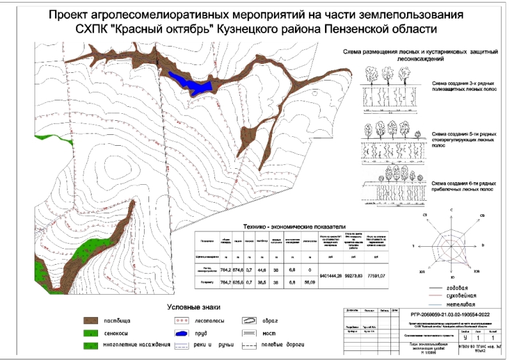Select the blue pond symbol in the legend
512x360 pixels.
tap(182, 333)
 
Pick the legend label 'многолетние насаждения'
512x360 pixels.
tap(136, 346)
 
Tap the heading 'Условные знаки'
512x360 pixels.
tap(195, 308)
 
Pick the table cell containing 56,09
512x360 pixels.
tap(310, 281)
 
